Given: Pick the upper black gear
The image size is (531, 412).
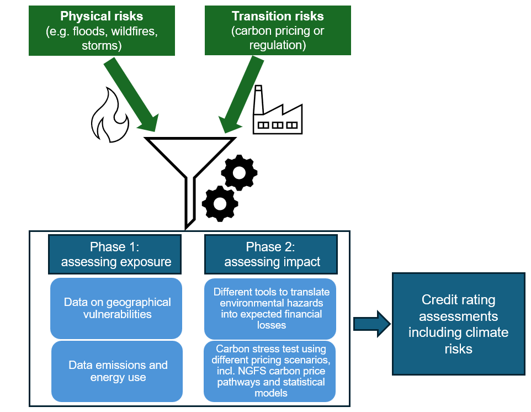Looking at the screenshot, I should pos(239,172).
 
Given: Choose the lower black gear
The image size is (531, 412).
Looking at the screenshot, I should pos(220,204).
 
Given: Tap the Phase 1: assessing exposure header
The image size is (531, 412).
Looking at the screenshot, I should pos(115,254).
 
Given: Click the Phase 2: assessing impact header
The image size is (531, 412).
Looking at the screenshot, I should pos(272,254).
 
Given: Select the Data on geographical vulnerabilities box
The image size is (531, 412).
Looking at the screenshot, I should pos(116,308).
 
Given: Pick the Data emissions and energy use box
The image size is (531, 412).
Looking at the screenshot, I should pos(117,371).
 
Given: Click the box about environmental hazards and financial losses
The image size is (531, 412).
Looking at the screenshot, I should pos(271,308).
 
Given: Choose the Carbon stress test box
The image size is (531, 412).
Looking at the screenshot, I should pos(271,371).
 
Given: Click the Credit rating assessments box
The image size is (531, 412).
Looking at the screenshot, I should pos(458,324).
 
